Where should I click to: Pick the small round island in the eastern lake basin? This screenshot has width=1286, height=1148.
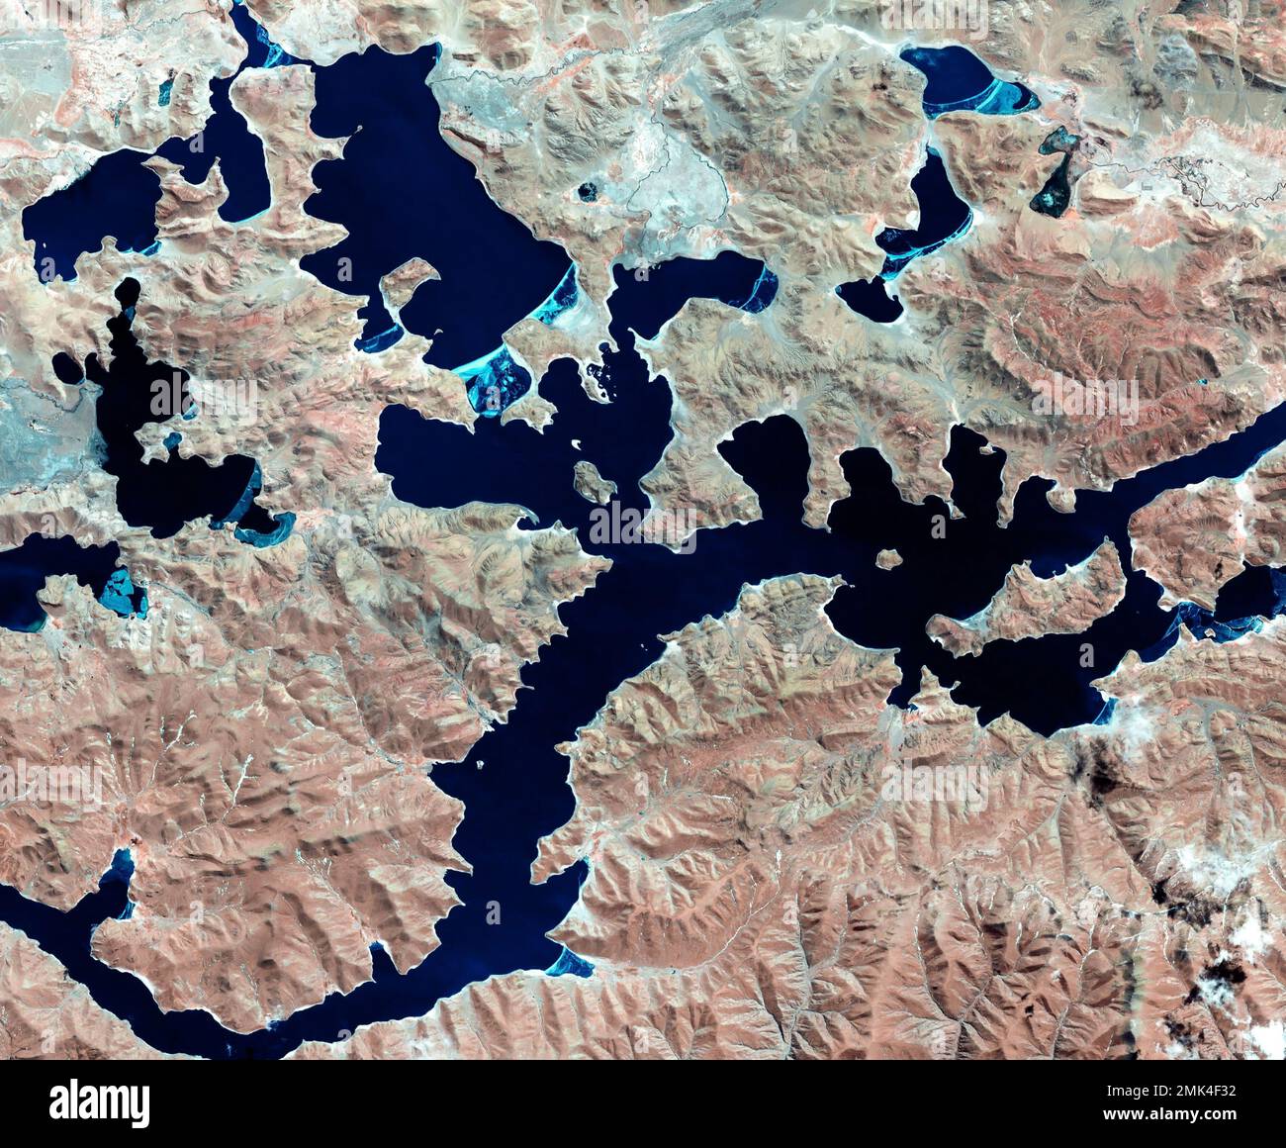[888, 559]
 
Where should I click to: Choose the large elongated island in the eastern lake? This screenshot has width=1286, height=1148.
[1029, 599]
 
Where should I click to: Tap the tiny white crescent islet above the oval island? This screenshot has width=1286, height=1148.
[574, 442]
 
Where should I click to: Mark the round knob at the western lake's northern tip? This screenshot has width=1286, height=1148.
[128, 292]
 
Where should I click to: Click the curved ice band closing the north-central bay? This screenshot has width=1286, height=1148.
[761, 284]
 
